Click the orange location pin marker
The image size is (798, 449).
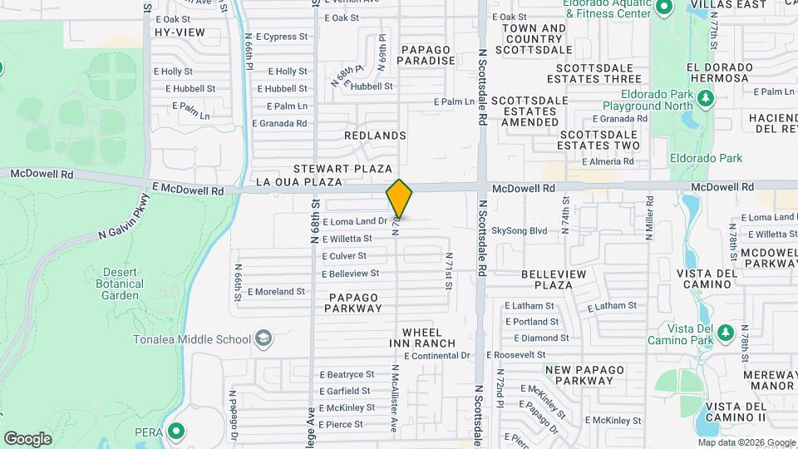(x=399, y=199)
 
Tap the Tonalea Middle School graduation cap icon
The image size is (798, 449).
(x=264, y=338)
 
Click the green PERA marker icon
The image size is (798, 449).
(x=175, y=432)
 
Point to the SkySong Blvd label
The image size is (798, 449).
(x=520, y=230)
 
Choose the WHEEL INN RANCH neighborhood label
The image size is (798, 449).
(x=422, y=338)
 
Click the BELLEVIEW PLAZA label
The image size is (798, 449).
(x=554, y=279)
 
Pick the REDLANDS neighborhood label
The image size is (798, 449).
(x=375, y=135)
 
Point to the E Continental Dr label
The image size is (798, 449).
(x=436, y=355)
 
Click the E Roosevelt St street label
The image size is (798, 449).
(x=535, y=354)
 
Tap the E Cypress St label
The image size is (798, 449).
(x=282, y=37)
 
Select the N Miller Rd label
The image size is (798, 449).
(x=649, y=220)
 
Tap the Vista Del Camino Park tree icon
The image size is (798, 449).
(x=726, y=332)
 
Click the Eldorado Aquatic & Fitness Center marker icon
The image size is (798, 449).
(x=663, y=8)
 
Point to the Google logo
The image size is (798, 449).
(x=27, y=438)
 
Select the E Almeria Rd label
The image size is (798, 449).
(x=609, y=162)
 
